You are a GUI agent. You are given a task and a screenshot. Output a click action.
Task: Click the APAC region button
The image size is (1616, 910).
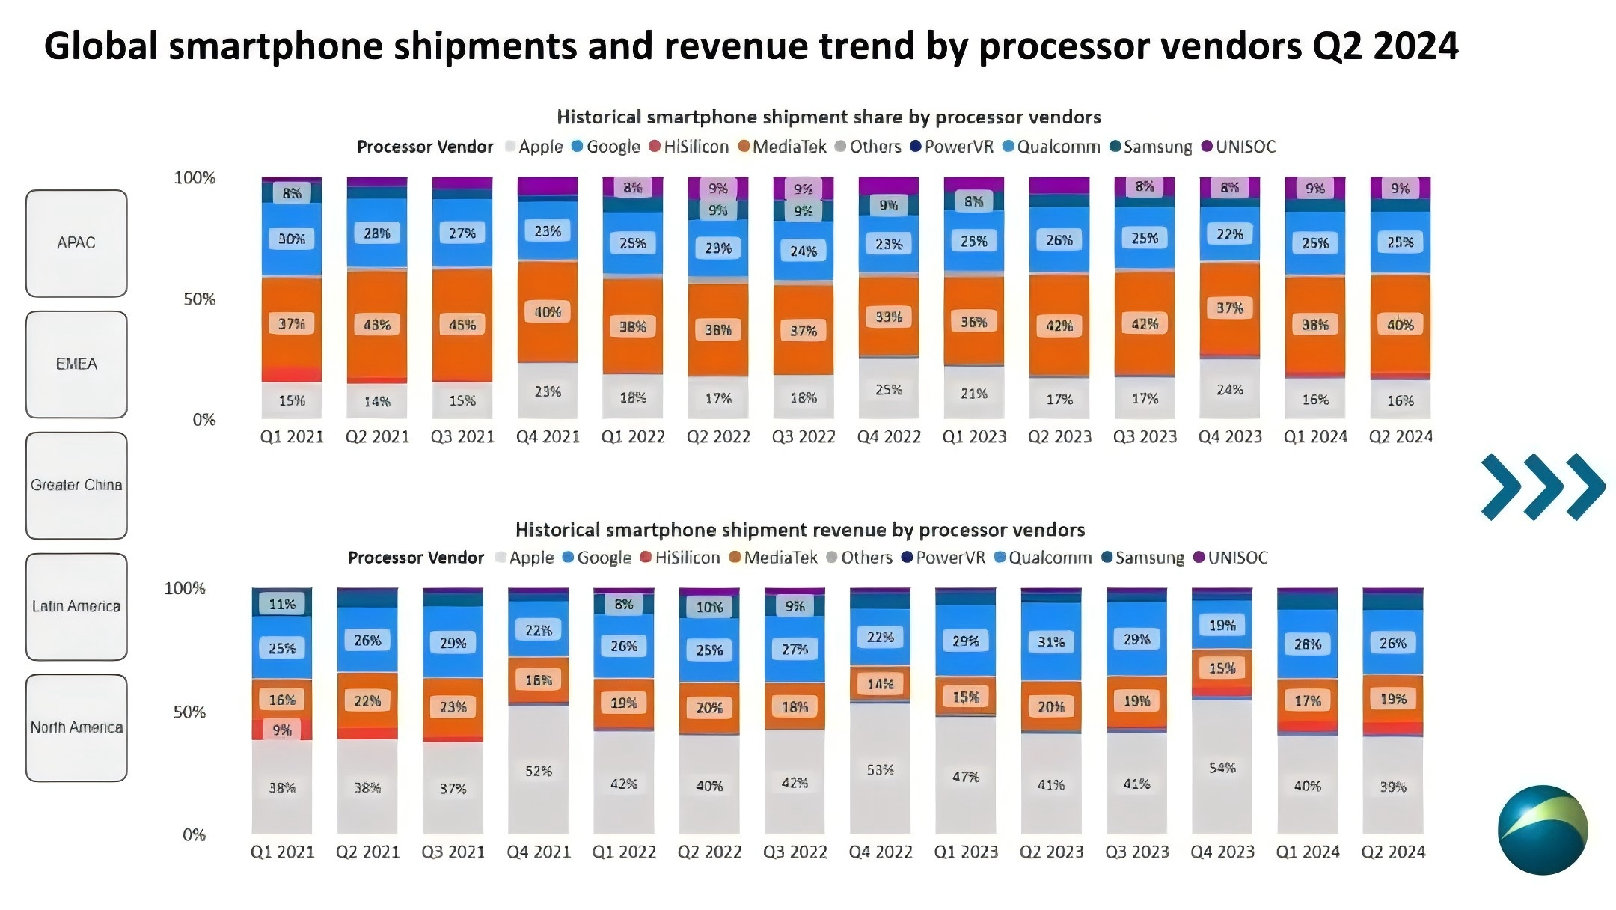pos(76,243)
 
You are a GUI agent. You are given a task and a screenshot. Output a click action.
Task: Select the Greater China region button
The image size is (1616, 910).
pos(76,485)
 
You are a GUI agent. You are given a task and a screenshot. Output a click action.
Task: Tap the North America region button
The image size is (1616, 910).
pos(76,727)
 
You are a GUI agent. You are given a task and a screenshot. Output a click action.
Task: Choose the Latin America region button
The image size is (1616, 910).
pos(76,606)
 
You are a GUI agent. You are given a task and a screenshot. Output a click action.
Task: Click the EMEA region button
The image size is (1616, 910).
pos(76,364)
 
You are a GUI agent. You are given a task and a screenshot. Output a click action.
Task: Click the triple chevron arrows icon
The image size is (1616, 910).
pos(1542,486)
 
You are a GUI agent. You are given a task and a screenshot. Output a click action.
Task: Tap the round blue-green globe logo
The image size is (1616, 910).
pos(1542,829)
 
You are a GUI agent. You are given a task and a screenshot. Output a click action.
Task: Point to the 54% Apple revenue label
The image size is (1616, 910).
pos(1222,767)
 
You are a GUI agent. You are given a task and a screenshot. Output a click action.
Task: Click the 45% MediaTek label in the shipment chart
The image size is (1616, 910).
pos(462,325)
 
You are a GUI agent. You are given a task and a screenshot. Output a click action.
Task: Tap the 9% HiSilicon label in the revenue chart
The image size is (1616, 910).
pos(282,730)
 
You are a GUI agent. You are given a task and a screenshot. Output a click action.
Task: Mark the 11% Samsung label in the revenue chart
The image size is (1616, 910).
pos(282,604)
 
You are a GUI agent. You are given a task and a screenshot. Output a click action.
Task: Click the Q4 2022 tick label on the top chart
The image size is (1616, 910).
pos(889,437)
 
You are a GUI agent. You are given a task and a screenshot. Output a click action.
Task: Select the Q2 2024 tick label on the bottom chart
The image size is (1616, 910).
pos(1393,852)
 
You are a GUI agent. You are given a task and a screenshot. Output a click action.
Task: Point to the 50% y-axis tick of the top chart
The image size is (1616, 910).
pos(199,299)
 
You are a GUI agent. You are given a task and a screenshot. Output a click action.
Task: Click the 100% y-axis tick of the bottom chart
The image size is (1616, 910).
pos(185,589)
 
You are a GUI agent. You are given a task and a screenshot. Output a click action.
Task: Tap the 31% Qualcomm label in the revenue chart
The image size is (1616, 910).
pos(1051,642)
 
